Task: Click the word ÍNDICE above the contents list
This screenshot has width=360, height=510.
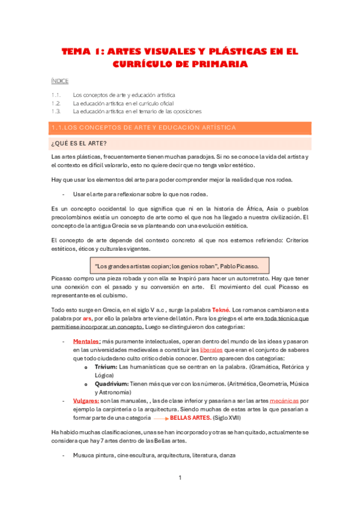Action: click(x=60, y=81)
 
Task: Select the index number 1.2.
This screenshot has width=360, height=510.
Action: click(x=56, y=103)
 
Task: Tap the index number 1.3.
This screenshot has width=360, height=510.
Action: click(x=56, y=111)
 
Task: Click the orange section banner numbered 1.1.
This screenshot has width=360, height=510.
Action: click(x=181, y=127)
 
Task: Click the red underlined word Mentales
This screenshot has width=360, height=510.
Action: click(x=87, y=341)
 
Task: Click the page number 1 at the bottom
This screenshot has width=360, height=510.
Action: click(x=180, y=478)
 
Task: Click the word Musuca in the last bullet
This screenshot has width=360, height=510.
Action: click(x=84, y=455)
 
